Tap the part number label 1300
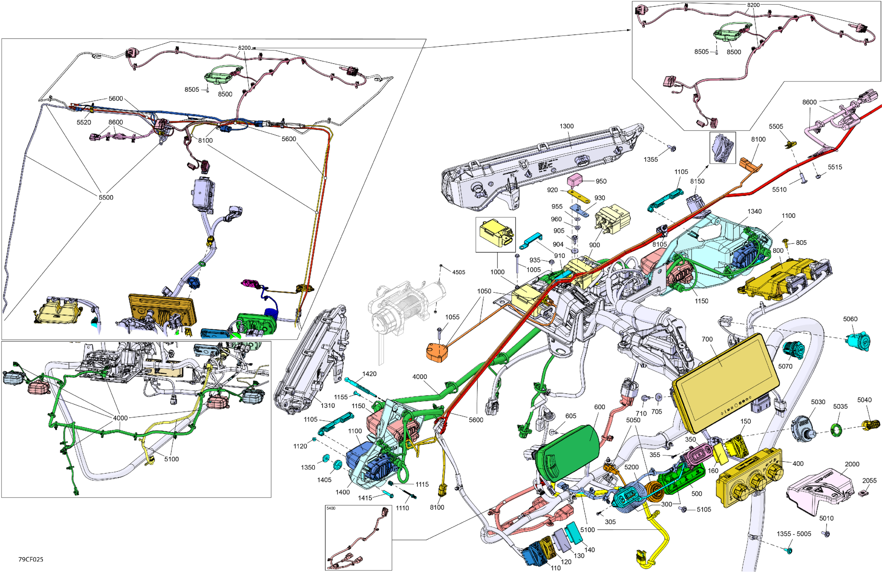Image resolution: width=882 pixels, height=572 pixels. pyautogui.click(x=566, y=126)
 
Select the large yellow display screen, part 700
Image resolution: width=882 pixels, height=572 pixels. pyautogui.click(x=725, y=382)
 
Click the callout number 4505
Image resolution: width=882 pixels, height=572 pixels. pyautogui.click(x=458, y=272)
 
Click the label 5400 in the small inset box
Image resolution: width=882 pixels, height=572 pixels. pyautogui.click(x=331, y=508)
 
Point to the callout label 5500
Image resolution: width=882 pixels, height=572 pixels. pyautogui.click(x=106, y=197)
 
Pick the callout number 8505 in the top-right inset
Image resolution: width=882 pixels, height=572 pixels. pyautogui.click(x=701, y=51)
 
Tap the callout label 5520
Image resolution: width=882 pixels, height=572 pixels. pyautogui.click(x=84, y=122)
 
